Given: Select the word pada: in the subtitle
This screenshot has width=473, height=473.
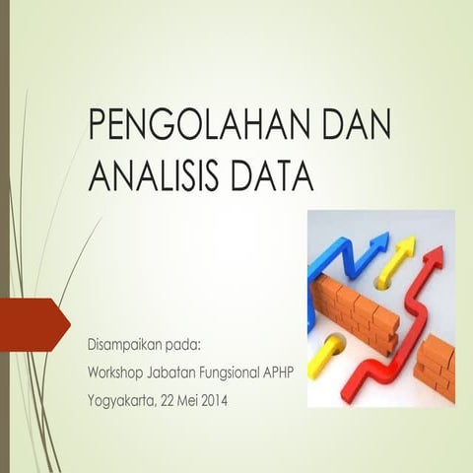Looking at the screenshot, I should point(184,346).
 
